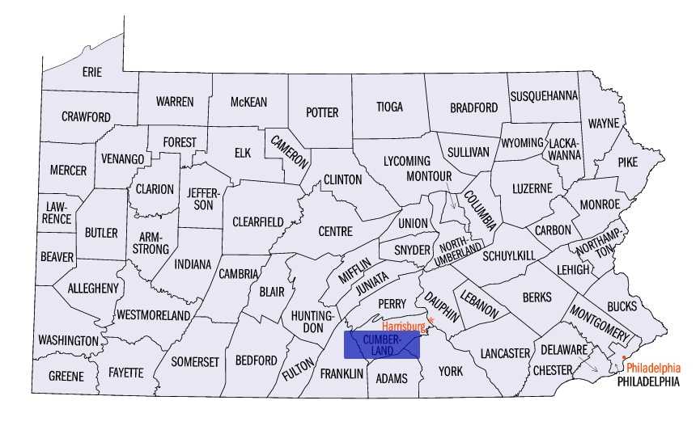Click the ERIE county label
click(x=92, y=72)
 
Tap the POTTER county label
click(x=322, y=112)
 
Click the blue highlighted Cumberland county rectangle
click(x=384, y=344)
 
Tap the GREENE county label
click(x=66, y=377)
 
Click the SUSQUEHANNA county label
click(x=544, y=95)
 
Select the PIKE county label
click(x=628, y=162)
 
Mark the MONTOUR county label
click(x=428, y=176)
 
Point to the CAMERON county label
click(x=290, y=150)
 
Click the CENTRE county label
click(x=335, y=231)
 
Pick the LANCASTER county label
click(x=504, y=353)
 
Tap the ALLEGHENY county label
click(x=93, y=288)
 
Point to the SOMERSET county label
click(x=195, y=362)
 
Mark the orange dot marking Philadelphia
click(x=624, y=357)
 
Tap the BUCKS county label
click(x=621, y=306)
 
